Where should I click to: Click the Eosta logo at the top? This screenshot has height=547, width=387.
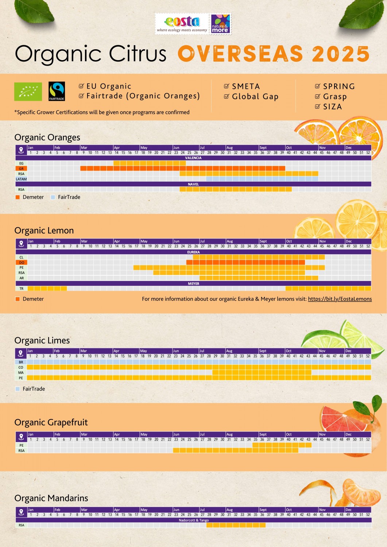tap(182, 24)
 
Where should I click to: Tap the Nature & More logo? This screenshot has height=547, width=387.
tap(220, 24)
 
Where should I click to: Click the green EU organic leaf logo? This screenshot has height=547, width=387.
tap(28, 92)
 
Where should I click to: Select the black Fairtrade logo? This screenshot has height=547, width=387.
tap(57, 91)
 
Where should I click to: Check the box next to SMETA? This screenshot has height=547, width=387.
tap(227, 86)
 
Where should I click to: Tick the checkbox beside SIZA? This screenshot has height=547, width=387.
tap(317, 106)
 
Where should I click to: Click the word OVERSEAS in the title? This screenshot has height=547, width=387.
tap(240, 54)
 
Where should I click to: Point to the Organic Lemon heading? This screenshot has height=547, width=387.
tap(44, 230)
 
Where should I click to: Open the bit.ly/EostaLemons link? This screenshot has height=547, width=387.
tap(340, 299)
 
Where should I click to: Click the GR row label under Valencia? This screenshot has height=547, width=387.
tap(21, 169)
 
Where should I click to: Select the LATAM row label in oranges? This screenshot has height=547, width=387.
tap(21, 179)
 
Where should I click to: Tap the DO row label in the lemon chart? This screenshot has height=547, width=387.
tap(22, 263)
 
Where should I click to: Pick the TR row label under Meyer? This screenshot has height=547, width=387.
tap(22, 289)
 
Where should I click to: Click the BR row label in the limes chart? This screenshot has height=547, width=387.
tap(21, 362)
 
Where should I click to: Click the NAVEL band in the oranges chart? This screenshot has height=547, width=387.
tap(193, 184)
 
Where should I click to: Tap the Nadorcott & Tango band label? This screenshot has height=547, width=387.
tap(194, 520)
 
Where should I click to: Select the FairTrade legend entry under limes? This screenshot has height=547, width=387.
tap(34, 389)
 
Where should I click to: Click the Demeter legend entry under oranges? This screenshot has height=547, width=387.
tap(33, 197)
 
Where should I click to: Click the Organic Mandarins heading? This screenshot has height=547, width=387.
tap(51, 498)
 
